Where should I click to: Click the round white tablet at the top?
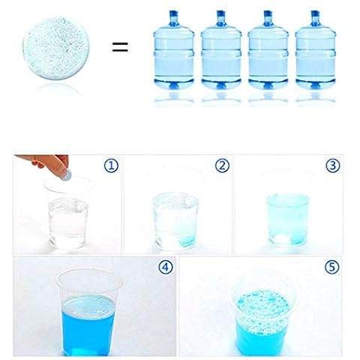coord(55,48)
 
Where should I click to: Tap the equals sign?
coord(120,47)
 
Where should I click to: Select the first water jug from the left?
coord(174,50)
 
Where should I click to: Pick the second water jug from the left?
coord(221,50)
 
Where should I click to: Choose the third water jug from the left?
coord(268,50)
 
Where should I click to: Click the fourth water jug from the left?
coord(315,50)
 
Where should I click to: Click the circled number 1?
coord(111,166)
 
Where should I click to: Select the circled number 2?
coord(222,166)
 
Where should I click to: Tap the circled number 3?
coord(333,165)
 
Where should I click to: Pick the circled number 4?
coord(166,267)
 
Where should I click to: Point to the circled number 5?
coord(332,267)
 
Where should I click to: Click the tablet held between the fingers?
coord(67,174)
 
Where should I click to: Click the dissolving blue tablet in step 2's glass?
coord(187,240)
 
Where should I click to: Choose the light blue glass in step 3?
coord(287,220)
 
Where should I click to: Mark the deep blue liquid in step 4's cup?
coord(88,326)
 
